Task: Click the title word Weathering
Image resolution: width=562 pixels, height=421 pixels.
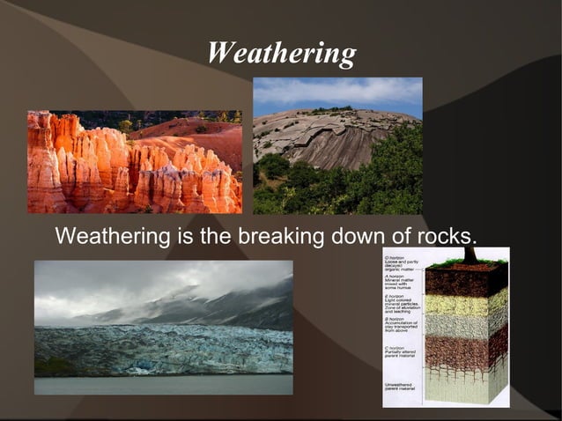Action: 281,53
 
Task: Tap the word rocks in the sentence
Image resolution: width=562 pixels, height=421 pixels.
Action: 444,237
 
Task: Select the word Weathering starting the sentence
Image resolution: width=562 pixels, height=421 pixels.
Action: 111,237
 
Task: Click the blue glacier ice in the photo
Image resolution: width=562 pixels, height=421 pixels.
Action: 167,348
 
